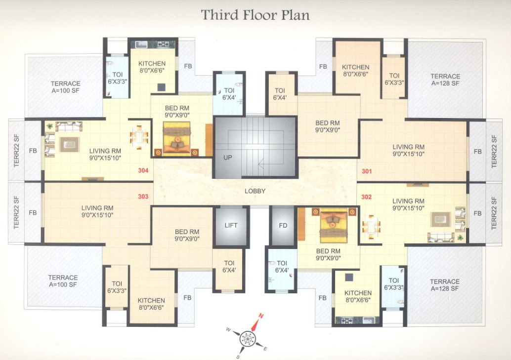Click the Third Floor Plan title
(255, 15)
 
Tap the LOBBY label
(255, 191)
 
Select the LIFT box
(231, 226)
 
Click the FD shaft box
(283, 226)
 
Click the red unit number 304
(143, 172)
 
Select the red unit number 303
(143, 197)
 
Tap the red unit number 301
(366, 172)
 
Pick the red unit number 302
(366, 197)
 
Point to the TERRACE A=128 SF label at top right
(445, 80)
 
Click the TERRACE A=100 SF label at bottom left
(63, 281)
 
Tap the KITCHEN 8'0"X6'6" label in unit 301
(356, 71)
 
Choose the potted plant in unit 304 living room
(49, 127)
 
